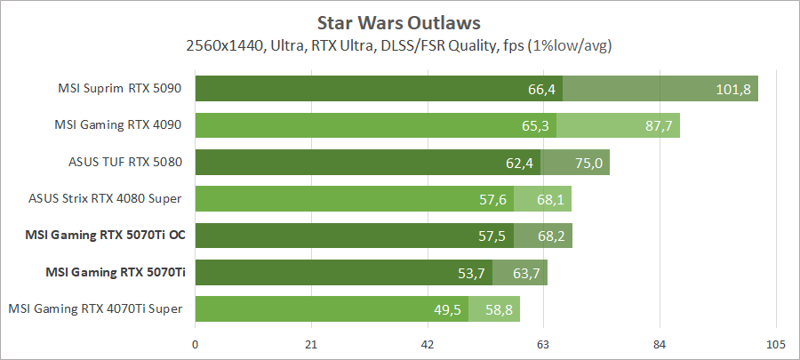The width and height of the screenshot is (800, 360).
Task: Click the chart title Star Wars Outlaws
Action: [399, 20]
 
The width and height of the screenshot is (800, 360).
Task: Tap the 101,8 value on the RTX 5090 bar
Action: [733, 89]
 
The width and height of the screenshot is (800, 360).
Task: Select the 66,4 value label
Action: [541, 89]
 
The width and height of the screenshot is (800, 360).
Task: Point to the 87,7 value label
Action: [659, 125]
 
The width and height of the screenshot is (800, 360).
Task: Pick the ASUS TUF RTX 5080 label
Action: [125, 162]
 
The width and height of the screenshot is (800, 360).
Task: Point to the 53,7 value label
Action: [471, 272]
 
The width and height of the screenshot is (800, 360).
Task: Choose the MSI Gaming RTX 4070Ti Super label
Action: [96, 308]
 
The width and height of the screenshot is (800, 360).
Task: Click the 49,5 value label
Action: [447, 309]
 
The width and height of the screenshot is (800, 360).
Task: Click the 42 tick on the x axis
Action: [428, 344]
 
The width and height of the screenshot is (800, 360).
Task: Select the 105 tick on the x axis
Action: [775, 344]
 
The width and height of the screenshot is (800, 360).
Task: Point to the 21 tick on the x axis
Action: [311, 344]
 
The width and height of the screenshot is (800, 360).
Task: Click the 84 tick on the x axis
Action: [660, 344]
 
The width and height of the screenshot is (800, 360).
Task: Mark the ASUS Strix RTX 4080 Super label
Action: [106, 199]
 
